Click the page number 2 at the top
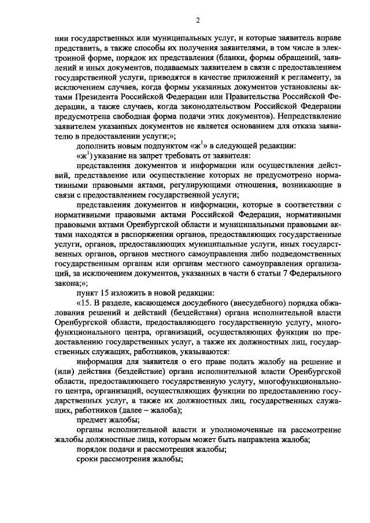tap(197, 21)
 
